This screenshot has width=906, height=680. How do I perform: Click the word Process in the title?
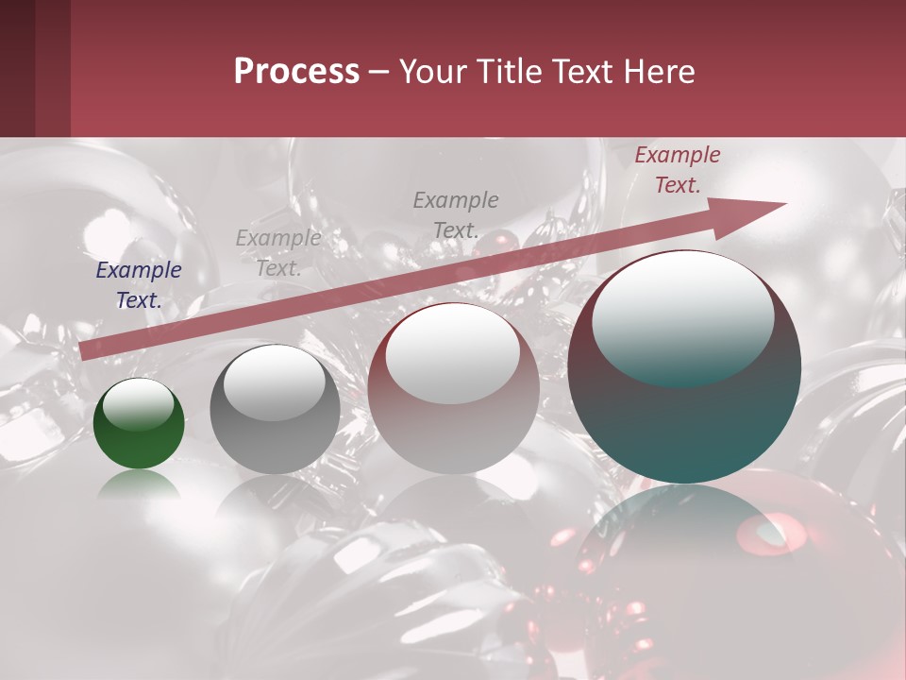click(296, 73)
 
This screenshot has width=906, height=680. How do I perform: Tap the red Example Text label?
click(678, 170)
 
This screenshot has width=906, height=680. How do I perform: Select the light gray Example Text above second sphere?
click(278, 252)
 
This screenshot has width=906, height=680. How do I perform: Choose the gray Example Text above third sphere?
click(456, 214)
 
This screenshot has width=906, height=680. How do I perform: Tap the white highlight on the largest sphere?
click(682, 316)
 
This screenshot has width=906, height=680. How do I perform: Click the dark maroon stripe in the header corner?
click(17, 68)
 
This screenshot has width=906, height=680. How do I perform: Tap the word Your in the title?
click(428, 73)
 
